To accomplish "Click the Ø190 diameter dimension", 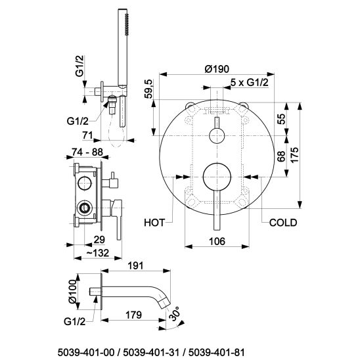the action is pos(217,68).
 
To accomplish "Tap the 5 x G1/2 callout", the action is pos(250,82).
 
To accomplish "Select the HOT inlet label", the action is pos(154,223).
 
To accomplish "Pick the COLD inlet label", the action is pos(283,223).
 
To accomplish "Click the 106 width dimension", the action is pos(217,241).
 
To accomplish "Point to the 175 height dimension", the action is pos(294,155).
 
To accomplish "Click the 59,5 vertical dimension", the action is pos(148,89).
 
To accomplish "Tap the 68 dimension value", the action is pos(281,156).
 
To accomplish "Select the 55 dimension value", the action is pos(281,119).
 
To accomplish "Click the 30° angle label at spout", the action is pos(175,313).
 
